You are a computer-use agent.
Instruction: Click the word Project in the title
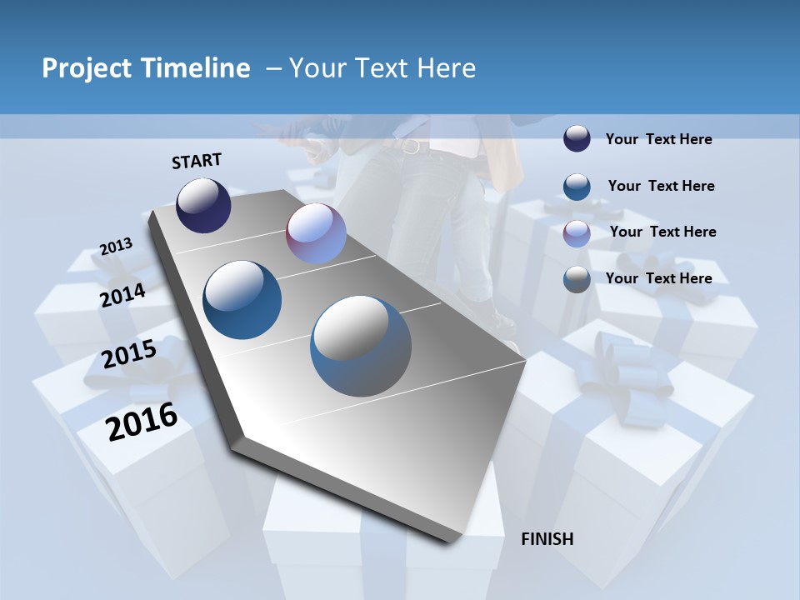click(87, 68)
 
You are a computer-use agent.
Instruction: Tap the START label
click(197, 161)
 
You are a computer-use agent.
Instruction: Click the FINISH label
click(547, 539)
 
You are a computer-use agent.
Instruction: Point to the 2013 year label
click(116, 247)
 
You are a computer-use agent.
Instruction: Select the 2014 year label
click(122, 295)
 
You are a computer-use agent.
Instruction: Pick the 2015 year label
click(129, 354)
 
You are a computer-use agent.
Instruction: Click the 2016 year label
click(142, 422)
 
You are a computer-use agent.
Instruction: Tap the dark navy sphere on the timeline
click(203, 205)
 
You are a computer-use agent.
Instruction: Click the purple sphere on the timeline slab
click(316, 233)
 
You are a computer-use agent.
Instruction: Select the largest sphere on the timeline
click(361, 346)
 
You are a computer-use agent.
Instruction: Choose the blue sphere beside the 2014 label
click(242, 300)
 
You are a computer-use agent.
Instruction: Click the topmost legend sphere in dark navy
click(577, 139)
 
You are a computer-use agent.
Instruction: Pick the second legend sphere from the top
click(577, 187)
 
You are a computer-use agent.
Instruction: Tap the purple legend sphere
click(577, 233)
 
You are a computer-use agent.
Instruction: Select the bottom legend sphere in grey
click(577, 279)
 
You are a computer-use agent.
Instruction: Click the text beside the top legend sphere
click(658, 139)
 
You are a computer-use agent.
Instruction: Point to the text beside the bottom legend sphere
click(658, 278)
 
